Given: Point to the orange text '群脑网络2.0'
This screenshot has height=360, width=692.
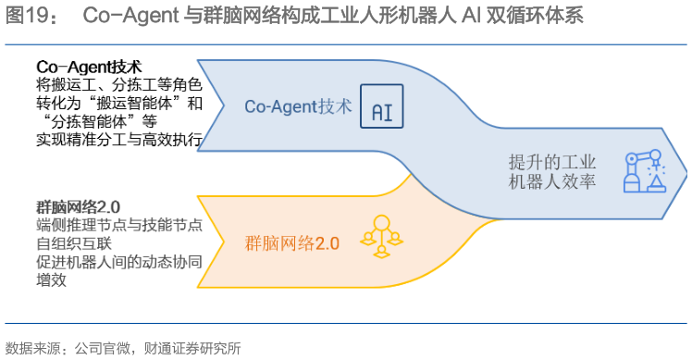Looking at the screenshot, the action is pos(292,243).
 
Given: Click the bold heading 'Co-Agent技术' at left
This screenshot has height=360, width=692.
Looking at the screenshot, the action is pos(89,68).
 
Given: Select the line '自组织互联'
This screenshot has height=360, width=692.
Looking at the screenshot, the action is pos(73,243).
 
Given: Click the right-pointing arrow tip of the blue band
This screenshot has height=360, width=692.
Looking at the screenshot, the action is pos(683,169).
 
